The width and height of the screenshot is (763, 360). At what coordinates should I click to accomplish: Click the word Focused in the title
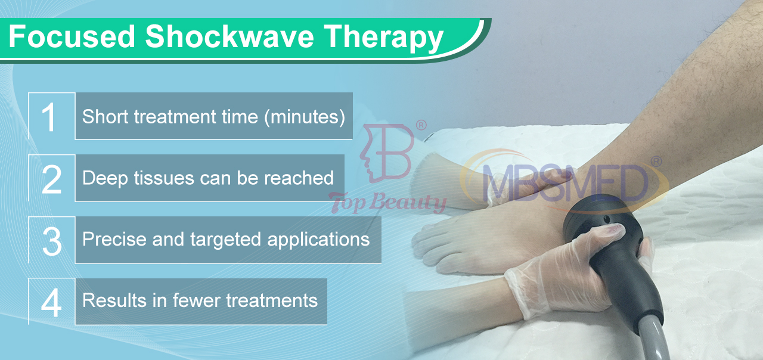click(72, 36)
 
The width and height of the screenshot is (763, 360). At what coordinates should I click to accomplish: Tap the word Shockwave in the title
click(229, 36)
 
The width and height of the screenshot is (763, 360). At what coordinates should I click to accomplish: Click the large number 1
click(48, 117)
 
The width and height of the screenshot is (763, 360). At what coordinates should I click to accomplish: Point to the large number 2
click(51, 179)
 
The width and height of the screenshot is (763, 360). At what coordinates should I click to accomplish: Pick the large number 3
click(52, 241)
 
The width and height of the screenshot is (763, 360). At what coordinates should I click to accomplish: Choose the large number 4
click(51, 303)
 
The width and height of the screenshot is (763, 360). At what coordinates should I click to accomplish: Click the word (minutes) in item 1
click(305, 117)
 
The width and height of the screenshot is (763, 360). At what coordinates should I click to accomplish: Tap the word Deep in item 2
click(104, 178)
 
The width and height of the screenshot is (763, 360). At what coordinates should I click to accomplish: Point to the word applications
click(318, 240)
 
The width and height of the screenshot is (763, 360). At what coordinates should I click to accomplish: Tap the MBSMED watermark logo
click(565, 182)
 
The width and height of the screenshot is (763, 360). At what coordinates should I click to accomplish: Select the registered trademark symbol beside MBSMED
click(656, 162)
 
